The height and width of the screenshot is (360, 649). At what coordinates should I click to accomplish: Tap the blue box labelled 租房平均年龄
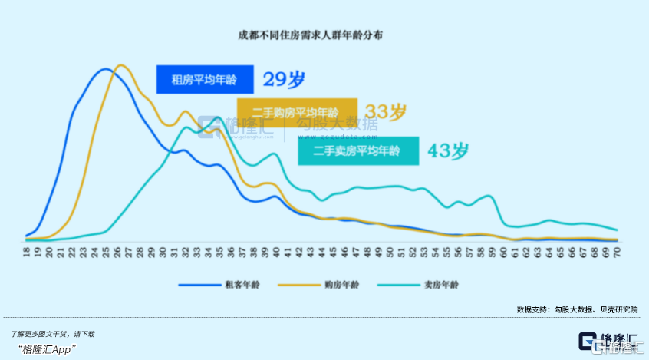click(x=205, y=78)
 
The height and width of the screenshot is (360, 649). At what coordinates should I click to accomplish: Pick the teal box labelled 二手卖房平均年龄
click(x=358, y=151)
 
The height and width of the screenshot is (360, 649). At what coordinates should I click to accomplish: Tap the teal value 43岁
click(x=448, y=150)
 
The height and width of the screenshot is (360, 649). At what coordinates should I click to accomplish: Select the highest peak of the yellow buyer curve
click(x=121, y=65)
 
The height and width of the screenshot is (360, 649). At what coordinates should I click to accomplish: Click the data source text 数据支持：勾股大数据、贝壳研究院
click(x=577, y=310)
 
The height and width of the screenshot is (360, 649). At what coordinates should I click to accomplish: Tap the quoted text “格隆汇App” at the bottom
click(x=45, y=349)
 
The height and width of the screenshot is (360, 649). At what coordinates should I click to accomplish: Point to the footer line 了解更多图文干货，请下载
click(x=53, y=334)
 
